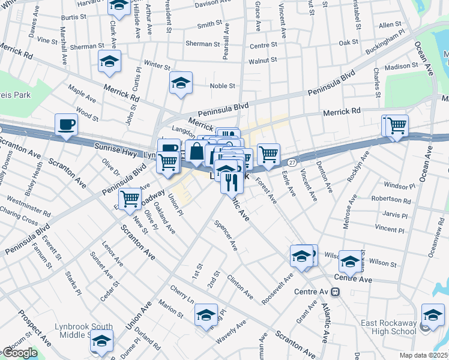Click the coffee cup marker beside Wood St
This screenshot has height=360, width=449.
[x=66, y=125]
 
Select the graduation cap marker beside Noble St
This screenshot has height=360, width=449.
[x=180, y=84]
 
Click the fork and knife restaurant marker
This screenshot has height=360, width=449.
[x=231, y=180]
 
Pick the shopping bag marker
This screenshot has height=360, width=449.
[x=196, y=152]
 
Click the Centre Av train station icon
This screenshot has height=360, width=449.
[x=335, y=292]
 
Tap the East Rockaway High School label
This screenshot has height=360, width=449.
[x=389, y=327]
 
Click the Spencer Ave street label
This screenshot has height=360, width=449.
[x=226, y=235]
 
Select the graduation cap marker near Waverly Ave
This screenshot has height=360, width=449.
[x=206, y=315]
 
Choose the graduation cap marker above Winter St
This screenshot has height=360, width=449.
[x=110, y=62]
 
